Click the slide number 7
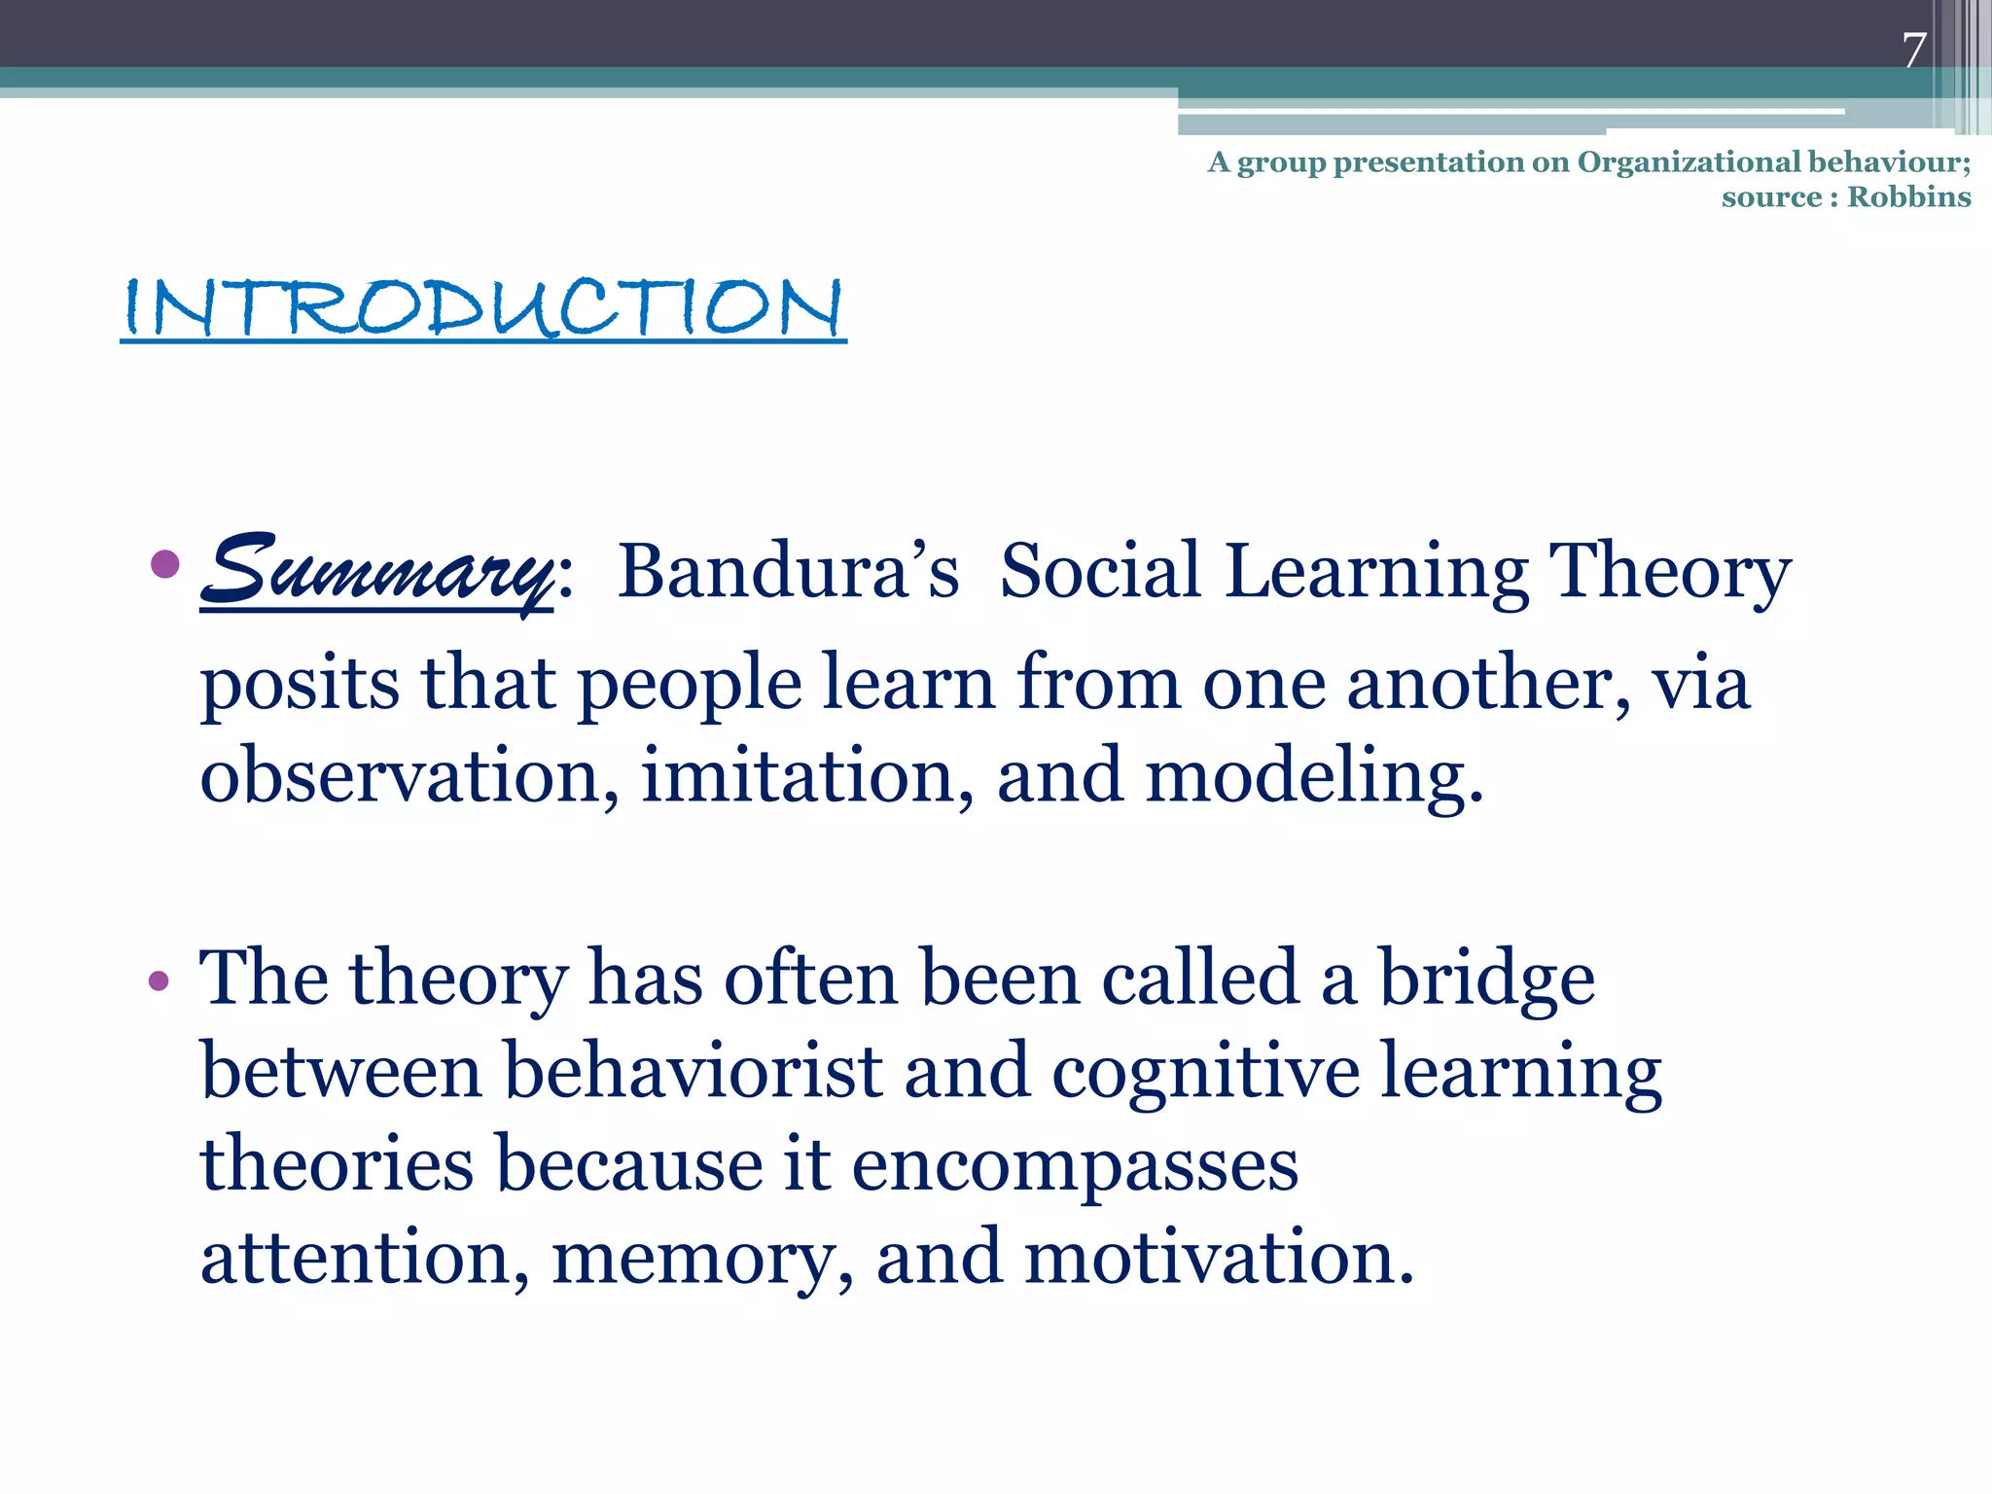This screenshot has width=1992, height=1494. [x=1914, y=51]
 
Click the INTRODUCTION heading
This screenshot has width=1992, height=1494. [x=483, y=308]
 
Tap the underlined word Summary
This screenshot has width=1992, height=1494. [x=377, y=571]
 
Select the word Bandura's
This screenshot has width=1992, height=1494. [x=788, y=571]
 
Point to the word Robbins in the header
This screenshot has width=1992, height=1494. [x=1908, y=197]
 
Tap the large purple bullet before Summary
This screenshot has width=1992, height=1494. [x=166, y=563]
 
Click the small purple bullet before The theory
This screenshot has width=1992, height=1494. [x=159, y=981]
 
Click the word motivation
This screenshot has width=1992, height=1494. [x=1219, y=1258]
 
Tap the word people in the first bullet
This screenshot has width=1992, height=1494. [x=690, y=685]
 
